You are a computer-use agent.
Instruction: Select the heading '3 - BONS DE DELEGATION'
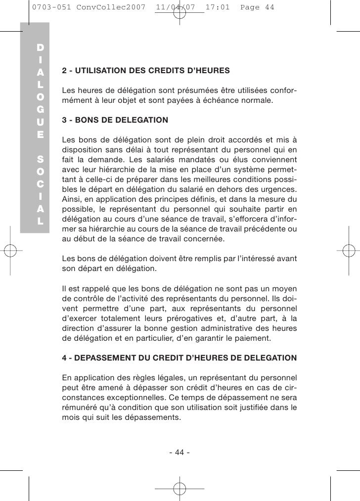point(115,120)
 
